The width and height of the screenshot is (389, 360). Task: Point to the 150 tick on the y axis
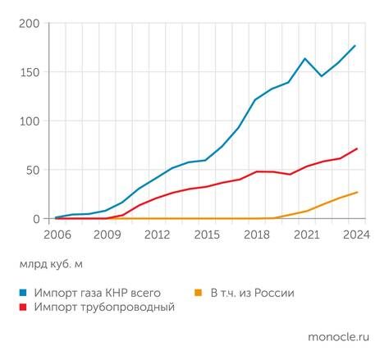point(30,72)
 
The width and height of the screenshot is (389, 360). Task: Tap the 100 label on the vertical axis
point(30,121)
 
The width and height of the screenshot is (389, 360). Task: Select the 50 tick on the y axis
point(34,170)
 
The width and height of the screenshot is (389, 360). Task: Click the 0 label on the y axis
point(37,219)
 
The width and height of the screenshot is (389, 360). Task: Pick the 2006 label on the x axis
point(56,235)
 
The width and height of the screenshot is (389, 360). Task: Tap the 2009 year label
point(106,235)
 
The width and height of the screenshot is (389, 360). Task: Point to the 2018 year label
point(256,235)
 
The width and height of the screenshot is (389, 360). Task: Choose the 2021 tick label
point(305,235)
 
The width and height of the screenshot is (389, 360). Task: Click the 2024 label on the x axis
point(355,235)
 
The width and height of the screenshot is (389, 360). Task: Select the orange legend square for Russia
point(198,293)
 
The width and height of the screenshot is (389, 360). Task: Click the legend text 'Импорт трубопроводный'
point(104,307)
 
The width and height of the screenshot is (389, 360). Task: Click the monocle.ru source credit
point(337,337)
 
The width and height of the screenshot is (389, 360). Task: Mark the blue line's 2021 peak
point(305,58)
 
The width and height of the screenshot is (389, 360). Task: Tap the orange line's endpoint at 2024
point(356,192)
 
